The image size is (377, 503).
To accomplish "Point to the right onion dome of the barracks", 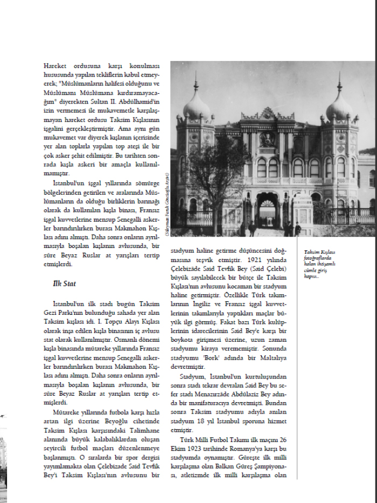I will (340, 105).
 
